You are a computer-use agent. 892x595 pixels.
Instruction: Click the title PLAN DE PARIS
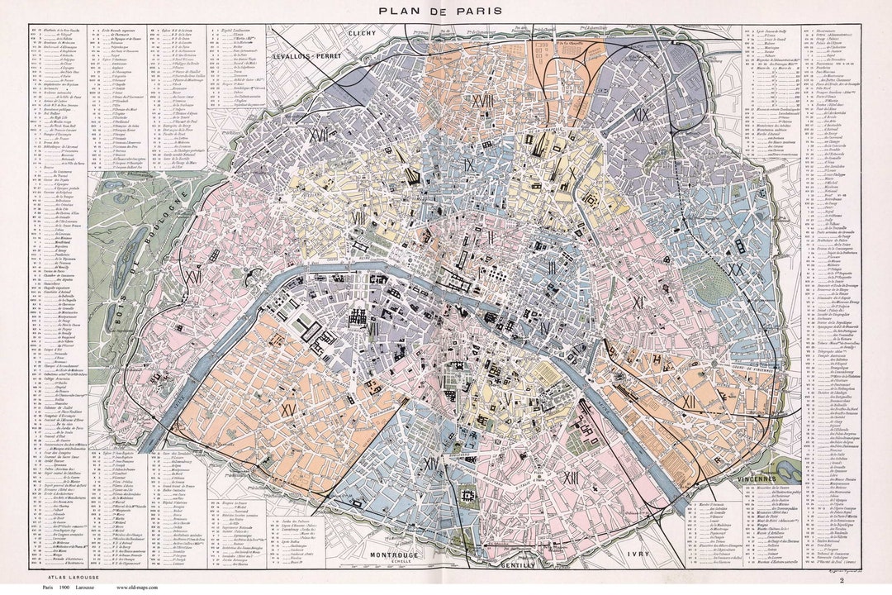coord(446,11)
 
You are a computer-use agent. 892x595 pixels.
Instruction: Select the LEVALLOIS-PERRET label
coord(307,59)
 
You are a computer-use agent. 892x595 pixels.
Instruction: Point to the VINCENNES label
coord(774,479)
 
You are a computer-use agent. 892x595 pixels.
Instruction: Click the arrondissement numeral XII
coord(687,401)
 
